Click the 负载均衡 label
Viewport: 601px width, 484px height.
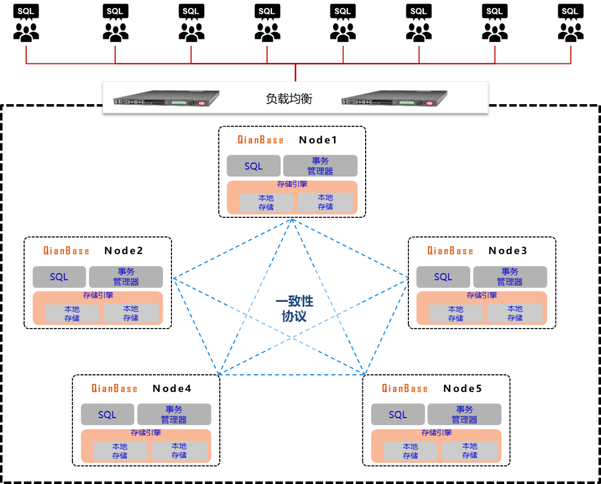289,99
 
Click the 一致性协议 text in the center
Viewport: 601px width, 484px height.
294,309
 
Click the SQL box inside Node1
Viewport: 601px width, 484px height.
253,166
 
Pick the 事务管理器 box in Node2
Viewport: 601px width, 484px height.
126,277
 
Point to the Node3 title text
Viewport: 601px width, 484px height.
508,251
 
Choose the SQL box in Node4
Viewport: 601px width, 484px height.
107,414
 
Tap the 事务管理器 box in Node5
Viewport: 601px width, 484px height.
464,414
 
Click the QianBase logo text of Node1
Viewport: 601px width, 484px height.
260,140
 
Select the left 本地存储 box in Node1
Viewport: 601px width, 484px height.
266,202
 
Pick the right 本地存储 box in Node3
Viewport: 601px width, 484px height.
515,313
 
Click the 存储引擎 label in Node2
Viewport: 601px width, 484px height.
98,296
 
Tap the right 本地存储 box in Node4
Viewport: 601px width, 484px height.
179,451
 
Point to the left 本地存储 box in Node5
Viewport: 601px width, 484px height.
411,451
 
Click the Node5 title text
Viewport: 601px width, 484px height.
462,388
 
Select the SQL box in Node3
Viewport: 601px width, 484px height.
443,277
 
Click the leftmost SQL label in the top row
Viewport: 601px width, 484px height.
26,11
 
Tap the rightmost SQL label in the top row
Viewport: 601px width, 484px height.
570,11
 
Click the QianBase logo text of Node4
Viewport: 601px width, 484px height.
114,388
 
